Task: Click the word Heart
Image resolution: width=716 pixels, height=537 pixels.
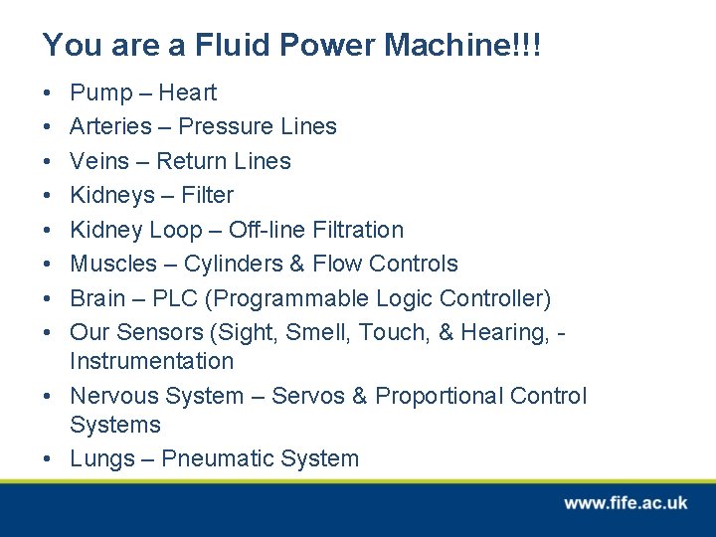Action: coord(188,93)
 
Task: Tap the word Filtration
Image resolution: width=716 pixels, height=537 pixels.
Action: coord(357,230)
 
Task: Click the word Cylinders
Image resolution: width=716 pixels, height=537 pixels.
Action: coord(228,264)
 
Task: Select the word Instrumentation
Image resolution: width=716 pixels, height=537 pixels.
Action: coord(151,361)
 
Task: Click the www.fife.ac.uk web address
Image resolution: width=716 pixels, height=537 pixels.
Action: coord(626,503)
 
